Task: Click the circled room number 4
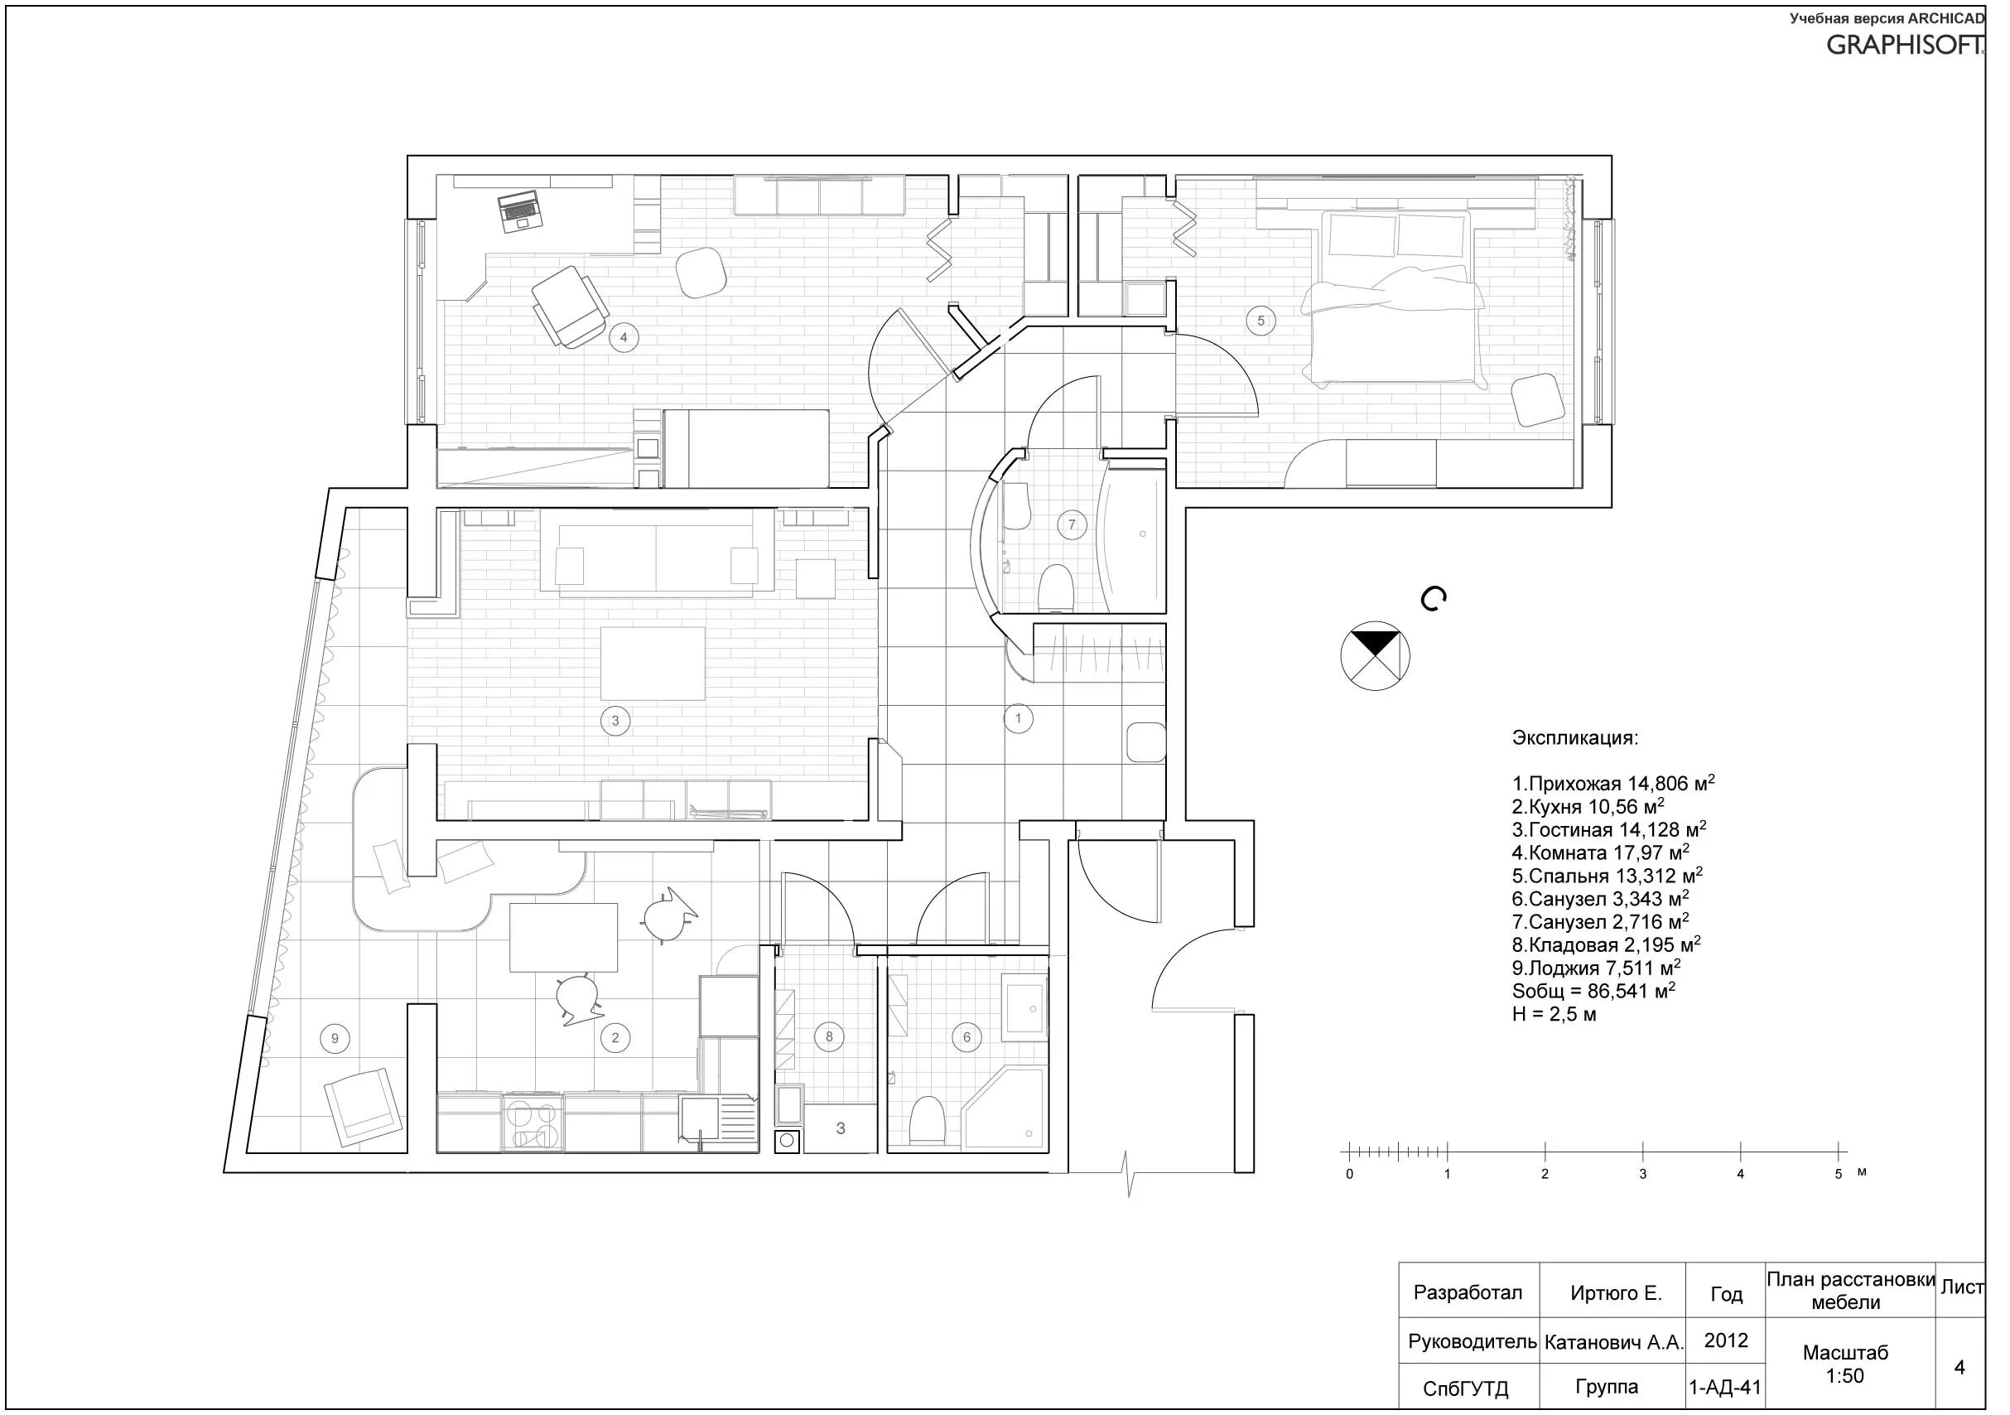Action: click(x=624, y=337)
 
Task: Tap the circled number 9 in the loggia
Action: click(x=335, y=1040)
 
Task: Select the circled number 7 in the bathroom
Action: click(x=1072, y=525)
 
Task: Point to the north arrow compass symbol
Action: click(x=1375, y=656)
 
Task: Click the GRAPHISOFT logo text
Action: click(x=1905, y=46)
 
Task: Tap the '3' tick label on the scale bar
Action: click(x=1642, y=1174)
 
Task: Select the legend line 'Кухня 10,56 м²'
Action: click(x=1587, y=807)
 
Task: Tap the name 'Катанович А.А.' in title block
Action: click(x=1613, y=1342)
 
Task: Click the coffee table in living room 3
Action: click(x=653, y=663)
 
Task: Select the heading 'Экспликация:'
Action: click(x=1574, y=738)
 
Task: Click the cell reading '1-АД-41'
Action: click(x=1724, y=1387)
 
